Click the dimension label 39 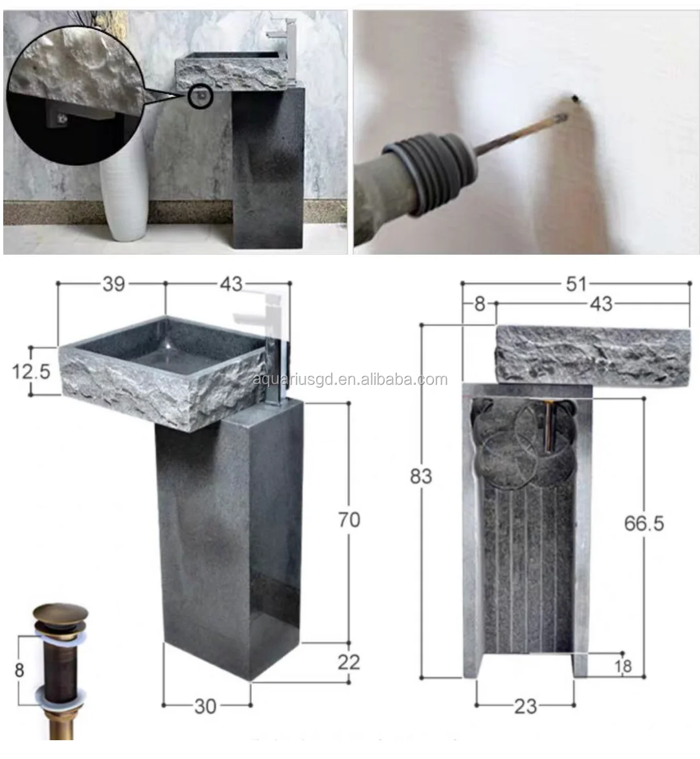click(x=113, y=284)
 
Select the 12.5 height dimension click(x=31, y=371)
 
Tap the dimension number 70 click(x=349, y=519)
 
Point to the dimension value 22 click(x=348, y=662)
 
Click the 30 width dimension click(x=205, y=706)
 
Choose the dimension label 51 click(x=576, y=284)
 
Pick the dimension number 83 click(x=421, y=476)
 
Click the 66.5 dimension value click(x=644, y=523)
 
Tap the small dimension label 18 click(x=623, y=666)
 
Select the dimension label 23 click(x=525, y=706)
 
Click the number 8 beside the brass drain click(x=19, y=669)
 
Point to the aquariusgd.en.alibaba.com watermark click(x=350, y=380)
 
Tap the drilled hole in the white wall click(x=574, y=99)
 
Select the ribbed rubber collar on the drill click(x=421, y=174)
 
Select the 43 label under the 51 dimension click(x=602, y=303)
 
